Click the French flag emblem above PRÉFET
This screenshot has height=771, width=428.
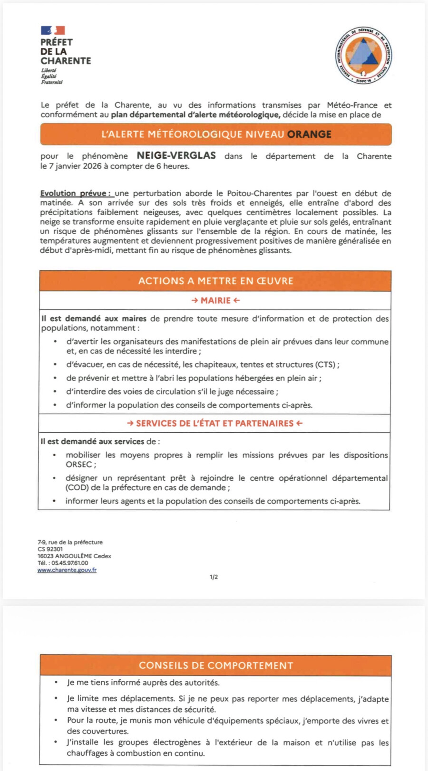click(x=52, y=30)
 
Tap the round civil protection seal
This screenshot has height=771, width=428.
click(x=363, y=55)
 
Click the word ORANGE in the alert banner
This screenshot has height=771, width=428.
click(x=309, y=134)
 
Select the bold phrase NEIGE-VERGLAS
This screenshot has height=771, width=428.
click(x=176, y=156)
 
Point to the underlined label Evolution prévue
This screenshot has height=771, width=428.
click(x=75, y=193)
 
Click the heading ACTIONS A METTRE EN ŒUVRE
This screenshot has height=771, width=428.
click(x=215, y=281)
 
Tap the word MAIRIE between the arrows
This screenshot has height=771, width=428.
click(x=215, y=300)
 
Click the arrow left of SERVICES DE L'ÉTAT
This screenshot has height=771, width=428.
click(x=130, y=423)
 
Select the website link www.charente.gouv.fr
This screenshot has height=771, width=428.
click(x=67, y=570)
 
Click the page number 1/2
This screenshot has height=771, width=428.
click(x=214, y=577)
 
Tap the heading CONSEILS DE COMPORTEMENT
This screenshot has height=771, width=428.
click(x=216, y=666)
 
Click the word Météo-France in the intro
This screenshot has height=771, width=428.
click(x=352, y=105)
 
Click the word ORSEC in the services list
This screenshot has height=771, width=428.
click(x=79, y=465)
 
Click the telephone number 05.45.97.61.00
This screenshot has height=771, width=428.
click(x=70, y=563)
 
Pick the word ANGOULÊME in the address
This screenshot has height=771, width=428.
click(x=73, y=556)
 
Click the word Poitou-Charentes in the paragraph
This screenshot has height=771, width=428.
click(x=260, y=193)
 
